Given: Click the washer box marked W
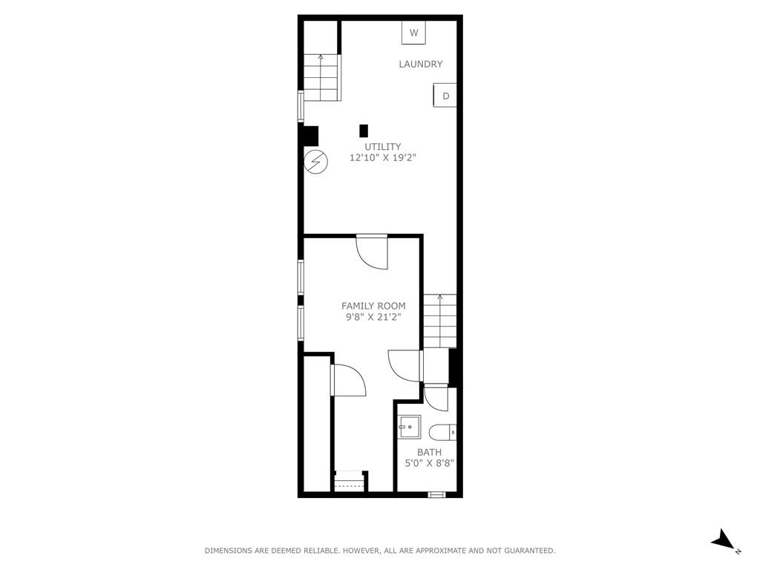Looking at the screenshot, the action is (x=413, y=33).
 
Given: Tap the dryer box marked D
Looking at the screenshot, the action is (x=445, y=96).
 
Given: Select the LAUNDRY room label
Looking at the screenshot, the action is (x=421, y=64).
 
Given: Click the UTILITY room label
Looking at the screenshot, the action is (x=383, y=146).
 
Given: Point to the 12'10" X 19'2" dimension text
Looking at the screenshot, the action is (x=383, y=157).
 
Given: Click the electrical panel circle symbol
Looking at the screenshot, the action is (x=315, y=161).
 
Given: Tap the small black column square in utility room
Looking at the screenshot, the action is (x=364, y=131).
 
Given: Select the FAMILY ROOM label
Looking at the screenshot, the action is (x=373, y=306).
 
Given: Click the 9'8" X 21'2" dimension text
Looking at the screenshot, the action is (x=373, y=318).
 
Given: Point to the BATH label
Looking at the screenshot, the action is (x=430, y=452).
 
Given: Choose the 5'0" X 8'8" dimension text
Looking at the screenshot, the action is (x=430, y=463).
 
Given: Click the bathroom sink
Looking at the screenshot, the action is (x=410, y=427).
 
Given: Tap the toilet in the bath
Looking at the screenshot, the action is (x=443, y=431).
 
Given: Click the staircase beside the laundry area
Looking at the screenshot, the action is (x=321, y=77).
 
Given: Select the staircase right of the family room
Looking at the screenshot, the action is (x=440, y=321).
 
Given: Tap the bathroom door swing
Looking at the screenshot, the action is (x=436, y=399).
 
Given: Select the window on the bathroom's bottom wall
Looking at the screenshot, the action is (x=436, y=494).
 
